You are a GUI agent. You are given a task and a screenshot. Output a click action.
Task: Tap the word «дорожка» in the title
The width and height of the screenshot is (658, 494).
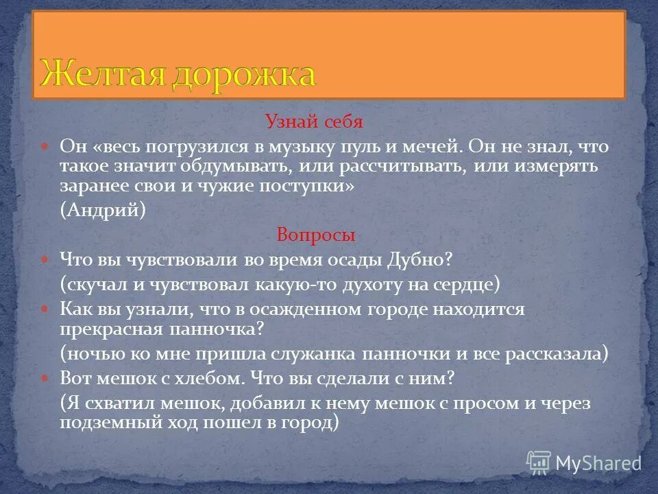(243, 74)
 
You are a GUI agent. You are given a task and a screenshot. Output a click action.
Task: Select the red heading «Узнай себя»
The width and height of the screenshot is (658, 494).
(314, 122)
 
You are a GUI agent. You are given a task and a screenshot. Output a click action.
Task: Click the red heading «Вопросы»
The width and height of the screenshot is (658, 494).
(316, 235)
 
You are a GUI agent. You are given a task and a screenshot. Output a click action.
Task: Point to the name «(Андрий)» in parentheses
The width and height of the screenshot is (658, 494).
(103, 211)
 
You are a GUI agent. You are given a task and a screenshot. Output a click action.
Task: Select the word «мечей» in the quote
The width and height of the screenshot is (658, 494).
(419, 147)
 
